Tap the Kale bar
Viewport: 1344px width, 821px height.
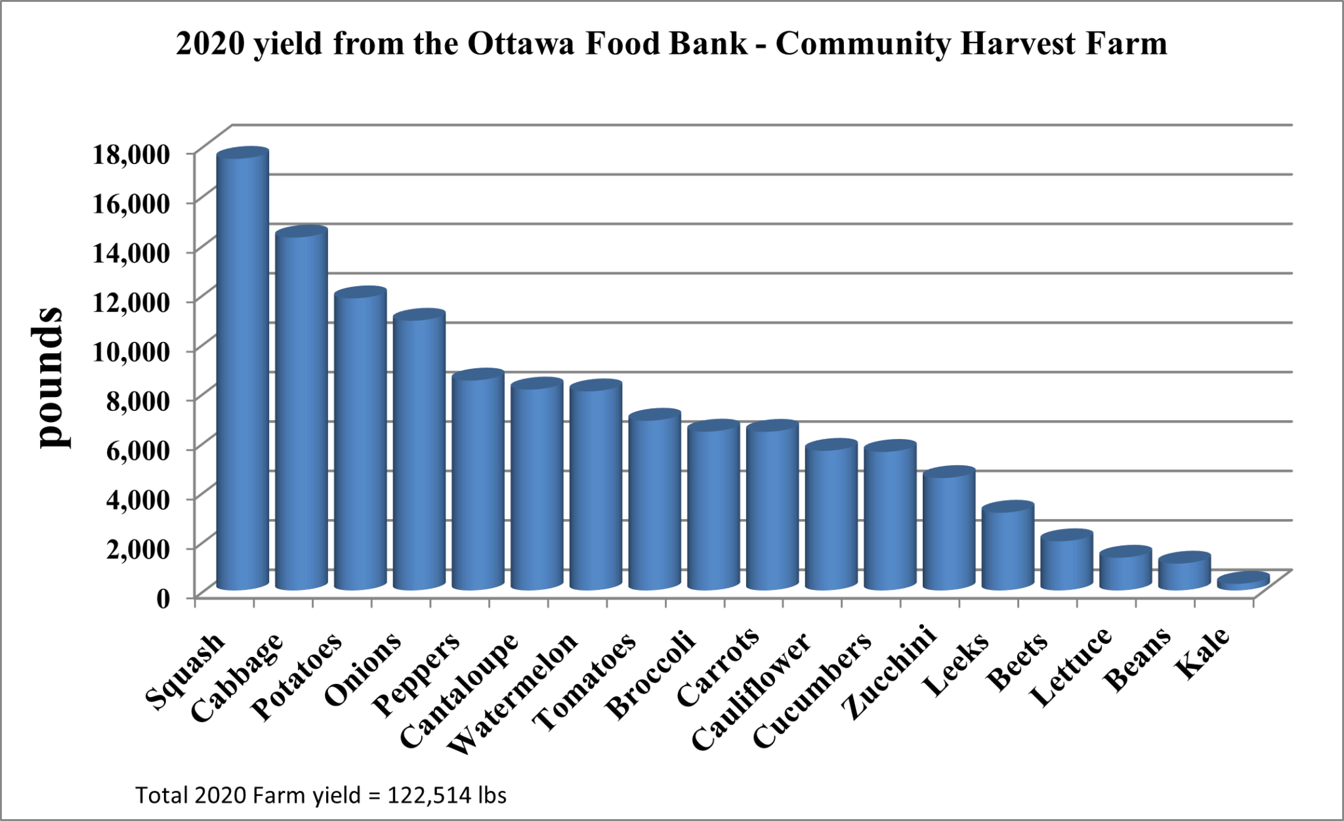[x=1243, y=581]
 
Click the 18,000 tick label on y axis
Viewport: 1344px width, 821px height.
[x=131, y=155]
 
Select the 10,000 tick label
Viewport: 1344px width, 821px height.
[x=131, y=352]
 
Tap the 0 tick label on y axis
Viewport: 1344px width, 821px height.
[x=163, y=598]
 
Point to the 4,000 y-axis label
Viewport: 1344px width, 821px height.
[x=138, y=499]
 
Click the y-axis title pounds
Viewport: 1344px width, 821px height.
[x=49, y=377]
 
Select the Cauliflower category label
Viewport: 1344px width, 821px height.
[x=751, y=693]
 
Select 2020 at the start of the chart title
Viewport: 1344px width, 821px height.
[x=210, y=44]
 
